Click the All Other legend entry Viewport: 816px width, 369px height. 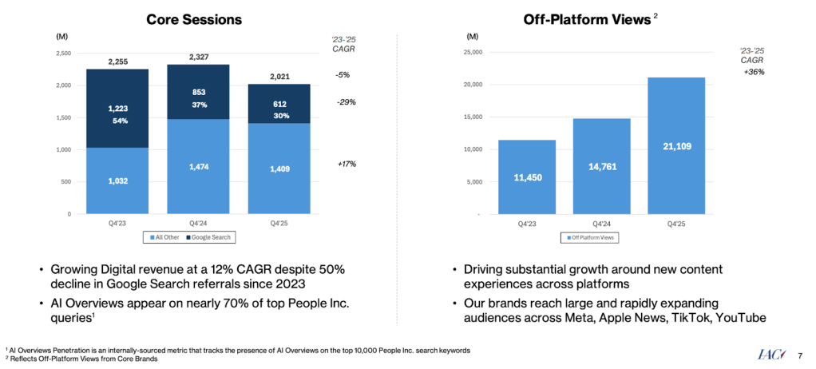pyautogui.click(x=167, y=237)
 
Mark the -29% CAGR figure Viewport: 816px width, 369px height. pyautogui.click(x=347, y=102)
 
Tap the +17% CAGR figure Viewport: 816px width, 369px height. pyautogui.click(x=347, y=164)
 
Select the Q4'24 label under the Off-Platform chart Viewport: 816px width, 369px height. pyautogui.click(x=602, y=224)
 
